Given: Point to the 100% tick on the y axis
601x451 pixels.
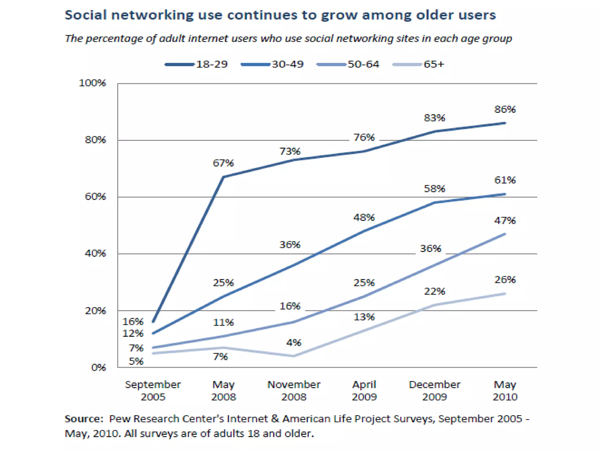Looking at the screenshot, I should pyautogui.click(x=92, y=83).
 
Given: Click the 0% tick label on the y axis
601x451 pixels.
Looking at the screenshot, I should pyautogui.click(x=98, y=368).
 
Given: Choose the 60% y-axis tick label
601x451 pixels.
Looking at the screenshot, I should pyautogui.click(x=95, y=196).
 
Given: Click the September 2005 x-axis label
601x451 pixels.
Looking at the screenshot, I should pyautogui.click(x=153, y=391).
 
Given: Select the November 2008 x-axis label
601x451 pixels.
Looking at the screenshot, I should pyautogui.click(x=294, y=391).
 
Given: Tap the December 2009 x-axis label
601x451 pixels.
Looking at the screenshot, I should pyautogui.click(x=435, y=391).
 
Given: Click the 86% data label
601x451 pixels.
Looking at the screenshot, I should pyautogui.click(x=505, y=109).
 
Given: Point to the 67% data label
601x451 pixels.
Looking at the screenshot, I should pyautogui.click(x=223, y=163).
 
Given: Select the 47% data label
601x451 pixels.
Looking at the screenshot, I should pyautogui.click(x=505, y=221).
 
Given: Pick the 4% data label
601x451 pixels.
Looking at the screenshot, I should pyautogui.click(x=294, y=343).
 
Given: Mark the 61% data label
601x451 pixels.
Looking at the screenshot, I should pyautogui.click(x=505, y=180).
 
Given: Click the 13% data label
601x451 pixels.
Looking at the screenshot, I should pyautogui.click(x=364, y=317).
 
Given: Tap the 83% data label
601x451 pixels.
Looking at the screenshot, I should pyautogui.click(x=435, y=118).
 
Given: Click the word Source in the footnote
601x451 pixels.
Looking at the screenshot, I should pyautogui.click(x=84, y=419).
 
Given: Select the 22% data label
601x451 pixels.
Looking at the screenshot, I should pyautogui.click(x=435, y=292).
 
